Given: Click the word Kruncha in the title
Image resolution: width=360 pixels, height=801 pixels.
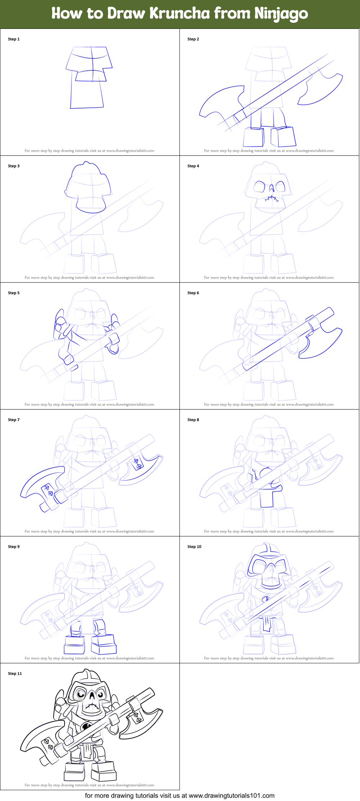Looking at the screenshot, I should tap(180, 14).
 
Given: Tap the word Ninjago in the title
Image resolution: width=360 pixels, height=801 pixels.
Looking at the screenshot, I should tap(281, 14).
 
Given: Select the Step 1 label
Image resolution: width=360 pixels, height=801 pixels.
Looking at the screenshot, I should tap(14, 39).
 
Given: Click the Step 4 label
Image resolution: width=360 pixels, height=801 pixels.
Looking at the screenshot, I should tap(193, 166).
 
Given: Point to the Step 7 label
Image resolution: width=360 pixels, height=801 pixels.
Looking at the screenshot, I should tap(14, 420).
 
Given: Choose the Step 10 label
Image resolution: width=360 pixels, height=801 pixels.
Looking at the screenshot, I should tap(194, 547).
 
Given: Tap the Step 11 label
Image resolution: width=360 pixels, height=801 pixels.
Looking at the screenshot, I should tap(15, 674).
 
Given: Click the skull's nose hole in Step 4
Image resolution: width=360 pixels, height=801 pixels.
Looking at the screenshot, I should tap(271, 188).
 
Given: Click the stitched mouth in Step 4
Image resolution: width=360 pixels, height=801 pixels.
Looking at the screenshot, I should tap(271, 198).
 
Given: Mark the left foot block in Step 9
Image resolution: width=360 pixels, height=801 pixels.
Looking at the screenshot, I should tap(74, 645).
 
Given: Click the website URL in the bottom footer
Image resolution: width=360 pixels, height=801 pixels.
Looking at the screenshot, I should tap(231, 796).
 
